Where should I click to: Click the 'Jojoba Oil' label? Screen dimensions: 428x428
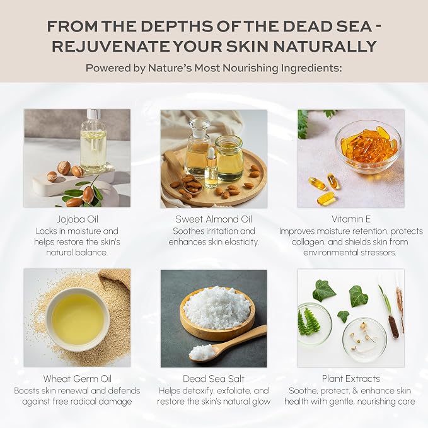tap(78, 219)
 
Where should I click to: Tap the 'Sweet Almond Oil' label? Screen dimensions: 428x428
tap(214, 219)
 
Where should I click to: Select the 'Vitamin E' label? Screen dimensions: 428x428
tap(351, 219)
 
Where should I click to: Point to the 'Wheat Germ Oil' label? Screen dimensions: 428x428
tap(78, 379)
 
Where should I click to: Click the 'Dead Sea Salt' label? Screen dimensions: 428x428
tap(214, 379)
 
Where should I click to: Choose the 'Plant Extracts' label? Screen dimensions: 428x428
tap(351, 379)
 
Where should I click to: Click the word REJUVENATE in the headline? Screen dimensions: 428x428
tap(112, 46)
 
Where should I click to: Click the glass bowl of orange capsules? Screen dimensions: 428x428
tap(368, 147)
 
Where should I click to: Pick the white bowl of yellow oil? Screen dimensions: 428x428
tap(78, 319)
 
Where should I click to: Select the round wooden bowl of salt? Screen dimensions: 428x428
tap(217, 313)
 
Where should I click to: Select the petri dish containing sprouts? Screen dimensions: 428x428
tap(364, 338)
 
